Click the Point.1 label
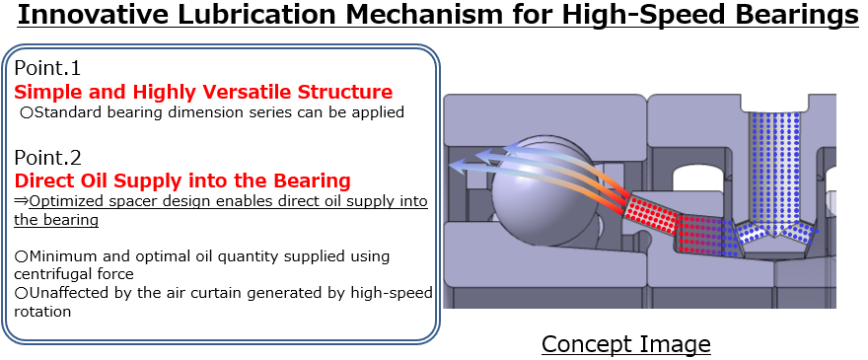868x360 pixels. coord(47,69)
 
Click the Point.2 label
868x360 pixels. coord(47,157)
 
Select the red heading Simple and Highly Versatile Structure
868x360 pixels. coord(203,92)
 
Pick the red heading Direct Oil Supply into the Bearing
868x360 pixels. coord(182,180)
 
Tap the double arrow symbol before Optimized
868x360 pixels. coord(21,201)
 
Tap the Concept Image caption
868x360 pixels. coord(625,343)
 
